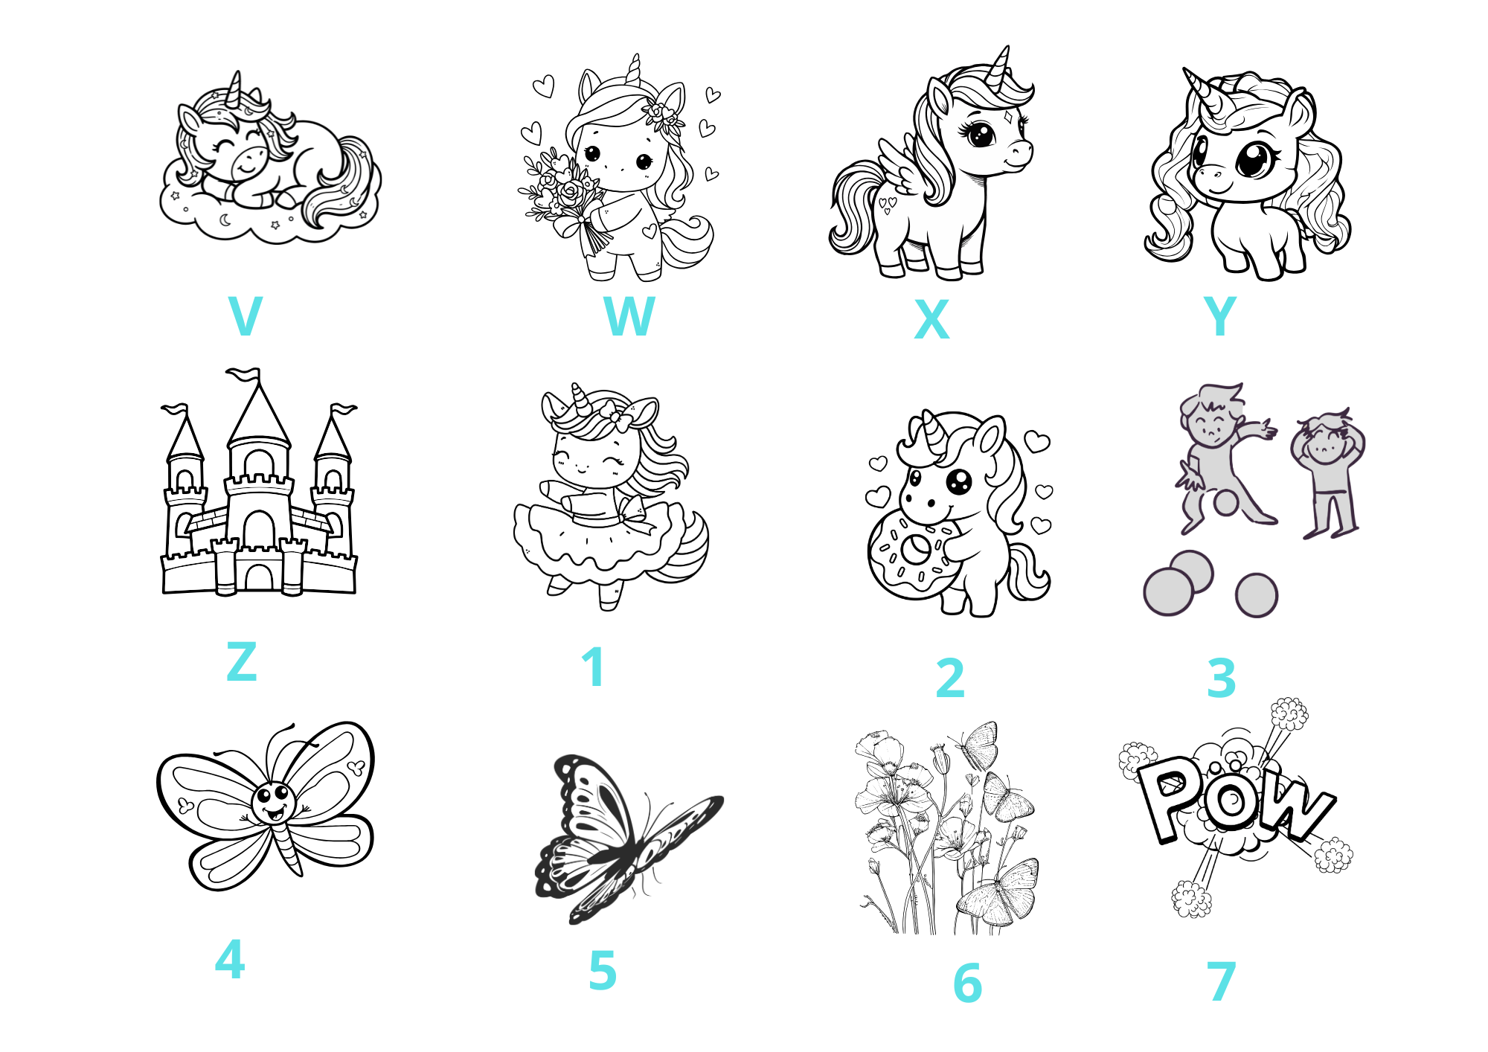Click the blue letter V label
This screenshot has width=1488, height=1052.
(246, 315)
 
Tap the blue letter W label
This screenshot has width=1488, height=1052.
(629, 315)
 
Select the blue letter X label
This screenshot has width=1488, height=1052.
(931, 319)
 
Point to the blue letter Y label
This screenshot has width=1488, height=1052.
(1220, 315)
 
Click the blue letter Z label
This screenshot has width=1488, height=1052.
(242, 661)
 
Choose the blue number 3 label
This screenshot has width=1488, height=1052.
(1222, 678)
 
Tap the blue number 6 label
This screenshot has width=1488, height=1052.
(968, 983)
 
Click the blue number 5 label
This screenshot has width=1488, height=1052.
(603, 970)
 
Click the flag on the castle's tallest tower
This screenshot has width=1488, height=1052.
(245, 373)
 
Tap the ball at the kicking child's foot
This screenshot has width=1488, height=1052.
(1225, 502)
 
